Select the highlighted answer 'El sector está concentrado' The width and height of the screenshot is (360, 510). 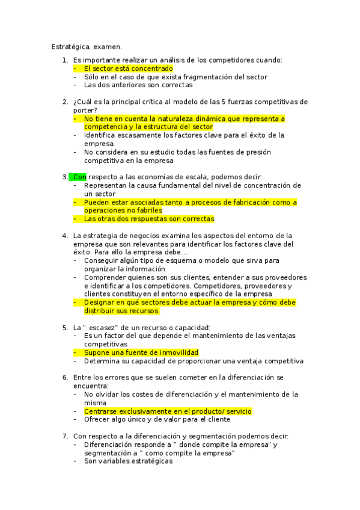128,69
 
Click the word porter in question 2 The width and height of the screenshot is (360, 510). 84,110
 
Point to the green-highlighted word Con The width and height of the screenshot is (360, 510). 79,177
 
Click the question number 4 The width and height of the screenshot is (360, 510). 65,235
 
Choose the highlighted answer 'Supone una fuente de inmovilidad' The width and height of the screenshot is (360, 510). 141,352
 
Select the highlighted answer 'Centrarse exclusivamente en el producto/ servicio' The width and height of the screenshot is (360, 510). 168,411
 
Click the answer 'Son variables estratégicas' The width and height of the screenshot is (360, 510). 128,461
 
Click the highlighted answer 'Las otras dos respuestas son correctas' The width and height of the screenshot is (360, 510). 149,219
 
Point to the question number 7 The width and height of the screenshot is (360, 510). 65,436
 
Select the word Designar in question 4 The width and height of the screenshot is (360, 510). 100,303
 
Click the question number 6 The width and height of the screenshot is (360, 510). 65,377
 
